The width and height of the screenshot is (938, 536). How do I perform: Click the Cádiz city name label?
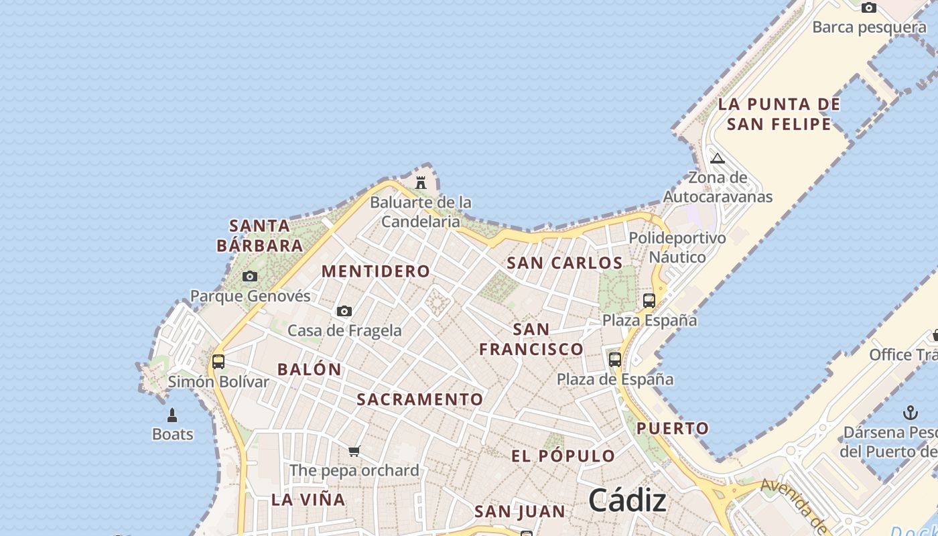(627, 500)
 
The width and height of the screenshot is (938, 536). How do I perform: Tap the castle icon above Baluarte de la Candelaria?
(421, 182)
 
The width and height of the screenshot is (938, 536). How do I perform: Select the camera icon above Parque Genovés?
(250, 276)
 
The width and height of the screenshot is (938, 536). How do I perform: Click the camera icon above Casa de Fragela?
(344, 311)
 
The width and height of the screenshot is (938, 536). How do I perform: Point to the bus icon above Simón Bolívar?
(218, 362)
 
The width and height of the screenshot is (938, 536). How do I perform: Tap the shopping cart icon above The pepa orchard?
(354, 451)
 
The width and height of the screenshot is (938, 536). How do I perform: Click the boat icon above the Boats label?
(172, 415)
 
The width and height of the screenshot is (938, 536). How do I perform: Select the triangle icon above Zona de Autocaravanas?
(718, 159)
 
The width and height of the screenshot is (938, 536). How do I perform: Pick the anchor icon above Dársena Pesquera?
(910, 412)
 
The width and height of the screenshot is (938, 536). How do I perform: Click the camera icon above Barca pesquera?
(869, 8)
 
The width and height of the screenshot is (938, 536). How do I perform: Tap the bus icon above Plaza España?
(649, 301)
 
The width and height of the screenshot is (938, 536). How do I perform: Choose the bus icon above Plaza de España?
(615, 360)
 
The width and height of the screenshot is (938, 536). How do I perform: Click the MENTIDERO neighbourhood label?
(376, 271)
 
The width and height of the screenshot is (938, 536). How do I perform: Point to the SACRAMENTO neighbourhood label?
(420, 399)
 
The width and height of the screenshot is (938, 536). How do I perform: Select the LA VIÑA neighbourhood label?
(309, 499)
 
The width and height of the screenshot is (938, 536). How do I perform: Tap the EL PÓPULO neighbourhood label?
(563, 456)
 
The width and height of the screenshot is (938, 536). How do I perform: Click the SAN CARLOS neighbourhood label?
(565, 263)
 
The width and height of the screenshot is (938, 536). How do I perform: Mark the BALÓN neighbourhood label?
(310, 369)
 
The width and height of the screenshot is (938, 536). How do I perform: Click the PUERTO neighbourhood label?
(673, 428)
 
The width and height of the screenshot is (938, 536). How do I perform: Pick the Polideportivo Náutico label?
(677, 247)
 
